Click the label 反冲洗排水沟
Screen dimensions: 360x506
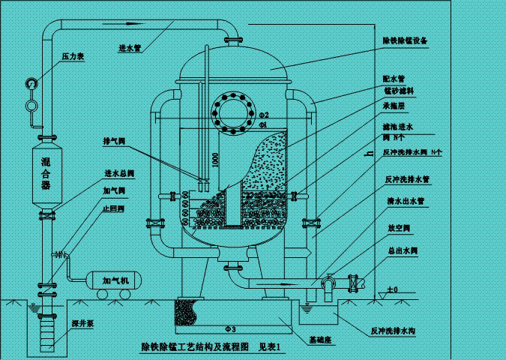pos(400,329)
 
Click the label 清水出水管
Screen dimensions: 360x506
pos(405,201)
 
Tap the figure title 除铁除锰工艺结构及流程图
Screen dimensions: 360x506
pos(193,346)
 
